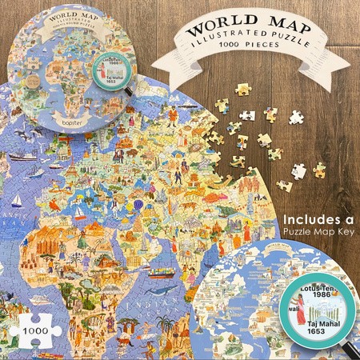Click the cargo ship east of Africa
click(x=162, y=272)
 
